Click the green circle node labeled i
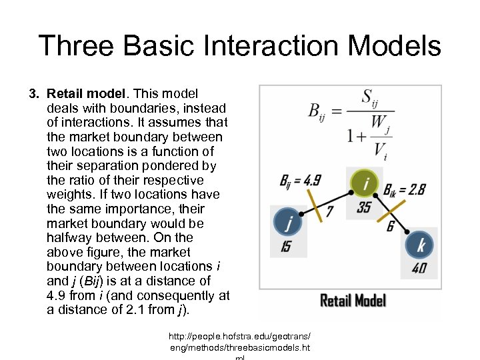click(x=364, y=183)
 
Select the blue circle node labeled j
click(x=289, y=222)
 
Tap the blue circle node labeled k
click(x=420, y=246)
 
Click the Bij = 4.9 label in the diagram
click(x=300, y=180)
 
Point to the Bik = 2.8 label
click(x=405, y=190)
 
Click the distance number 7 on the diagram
click(x=329, y=211)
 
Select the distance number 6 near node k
click(x=390, y=227)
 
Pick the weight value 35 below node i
click(x=364, y=207)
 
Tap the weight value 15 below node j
click(x=286, y=247)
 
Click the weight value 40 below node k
click(x=420, y=269)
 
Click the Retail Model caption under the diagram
click(x=353, y=301)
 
